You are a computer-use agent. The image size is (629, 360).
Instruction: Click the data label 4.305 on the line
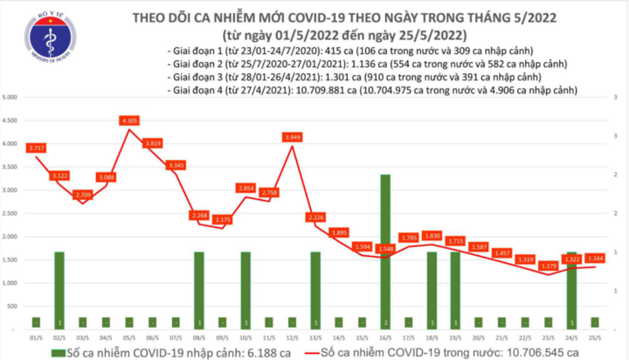click(x=129, y=121)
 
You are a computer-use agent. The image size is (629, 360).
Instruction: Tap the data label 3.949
click(x=293, y=137)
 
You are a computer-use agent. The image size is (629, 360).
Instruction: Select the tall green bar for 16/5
click(x=384, y=249)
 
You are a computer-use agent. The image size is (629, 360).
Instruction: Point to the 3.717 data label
click(x=37, y=148)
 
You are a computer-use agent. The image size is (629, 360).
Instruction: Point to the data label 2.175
click(x=223, y=219)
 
